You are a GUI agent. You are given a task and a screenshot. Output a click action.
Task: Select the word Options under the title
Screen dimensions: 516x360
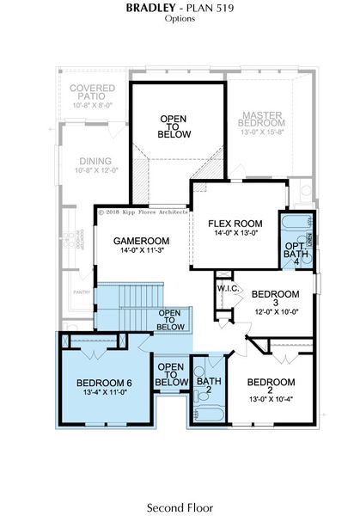[x=180, y=19]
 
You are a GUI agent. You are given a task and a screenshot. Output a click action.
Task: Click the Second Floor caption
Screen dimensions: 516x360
[x=180, y=507]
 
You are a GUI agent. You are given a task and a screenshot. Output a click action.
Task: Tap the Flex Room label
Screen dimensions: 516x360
[x=235, y=224]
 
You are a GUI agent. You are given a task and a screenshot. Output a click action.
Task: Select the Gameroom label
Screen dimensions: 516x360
[x=142, y=240]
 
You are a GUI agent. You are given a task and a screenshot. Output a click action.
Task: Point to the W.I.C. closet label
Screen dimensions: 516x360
[x=228, y=287]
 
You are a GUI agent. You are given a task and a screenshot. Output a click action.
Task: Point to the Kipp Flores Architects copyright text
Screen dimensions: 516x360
[x=142, y=210]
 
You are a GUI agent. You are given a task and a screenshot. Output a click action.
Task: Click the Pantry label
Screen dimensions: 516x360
[x=82, y=292]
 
